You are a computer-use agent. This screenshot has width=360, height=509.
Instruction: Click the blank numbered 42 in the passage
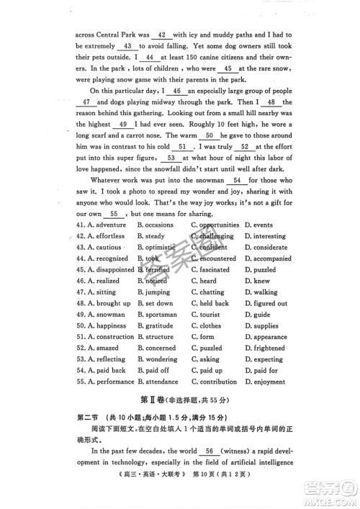[x=162, y=35]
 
